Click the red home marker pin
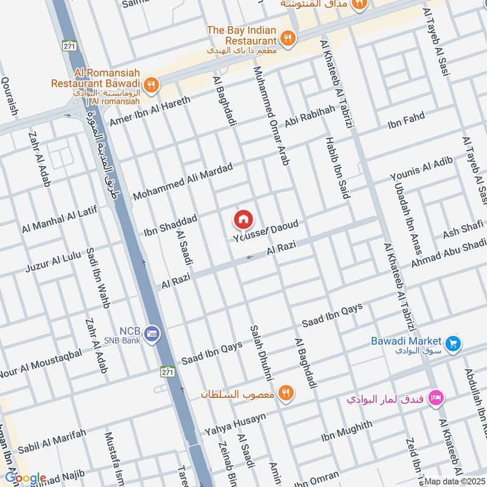point(243,219)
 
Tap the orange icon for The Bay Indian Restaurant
point(289,38)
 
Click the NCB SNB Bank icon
point(152,332)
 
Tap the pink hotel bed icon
point(436,399)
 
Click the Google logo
point(24,478)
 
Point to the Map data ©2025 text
point(454,482)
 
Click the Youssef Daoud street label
point(266,232)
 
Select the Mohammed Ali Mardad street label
point(183,182)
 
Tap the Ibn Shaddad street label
point(170,225)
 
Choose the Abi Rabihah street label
point(309,116)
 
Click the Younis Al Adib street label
point(422,169)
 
